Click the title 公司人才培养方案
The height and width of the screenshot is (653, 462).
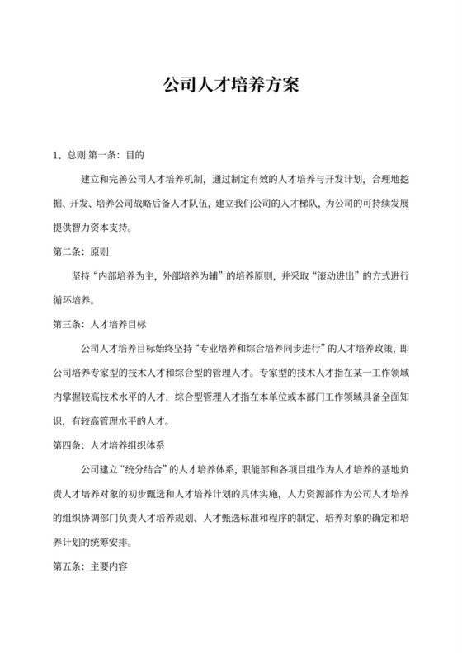pos(230,85)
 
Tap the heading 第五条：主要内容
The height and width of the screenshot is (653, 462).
pos(87,569)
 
